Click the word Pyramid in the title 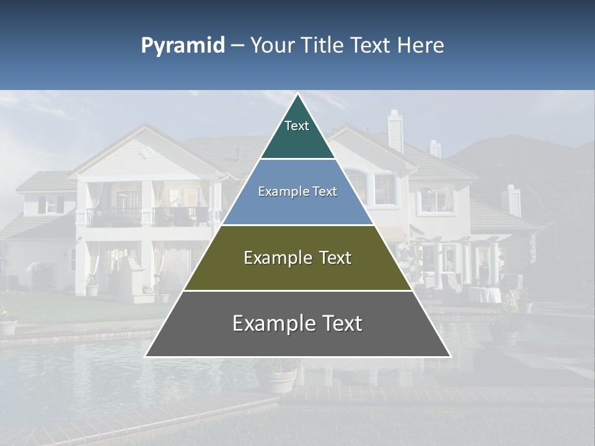pyautogui.click(x=183, y=46)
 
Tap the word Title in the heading pyautogui.click(x=322, y=46)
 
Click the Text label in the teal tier pyautogui.click(x=297, y=126)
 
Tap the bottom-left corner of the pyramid pyautogui.click(x=146, y=356)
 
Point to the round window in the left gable pyautogui.click(x=146, y=152)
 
